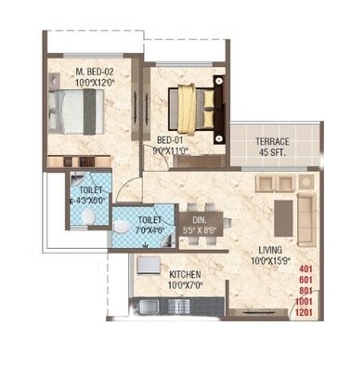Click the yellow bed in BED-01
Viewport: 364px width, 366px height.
[x=194, y=100]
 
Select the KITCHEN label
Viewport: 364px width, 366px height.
[x=187, y=275]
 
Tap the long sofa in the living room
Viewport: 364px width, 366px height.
[x=306, y=209]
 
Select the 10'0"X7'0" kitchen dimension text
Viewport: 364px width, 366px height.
[x=187, y=286]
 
